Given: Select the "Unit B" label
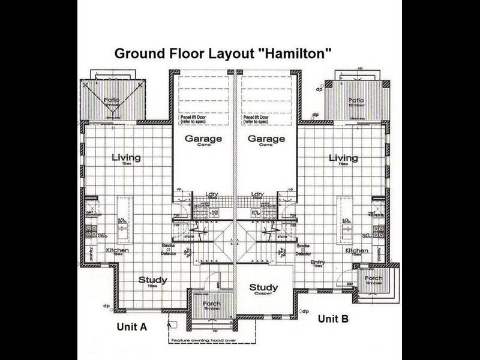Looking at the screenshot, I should coord(333,319).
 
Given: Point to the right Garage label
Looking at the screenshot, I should coord(266,139).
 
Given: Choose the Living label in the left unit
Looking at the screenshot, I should coord(126,158).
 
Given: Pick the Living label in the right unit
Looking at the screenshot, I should coord(343,158).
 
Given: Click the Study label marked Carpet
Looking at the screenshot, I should coord(263,287).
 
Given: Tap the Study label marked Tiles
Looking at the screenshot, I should coord(152,280).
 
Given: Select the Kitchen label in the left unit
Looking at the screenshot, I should coord(117,250).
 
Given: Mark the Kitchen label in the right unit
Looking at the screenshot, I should coord(356,250).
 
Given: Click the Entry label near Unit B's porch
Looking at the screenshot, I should coord(317,263).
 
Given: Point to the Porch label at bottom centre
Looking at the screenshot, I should coord(211,304).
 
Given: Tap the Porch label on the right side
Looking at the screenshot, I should coord(374,278).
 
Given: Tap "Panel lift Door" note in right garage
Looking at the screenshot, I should coord(258,118).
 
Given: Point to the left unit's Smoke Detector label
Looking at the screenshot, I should coord(168,249).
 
